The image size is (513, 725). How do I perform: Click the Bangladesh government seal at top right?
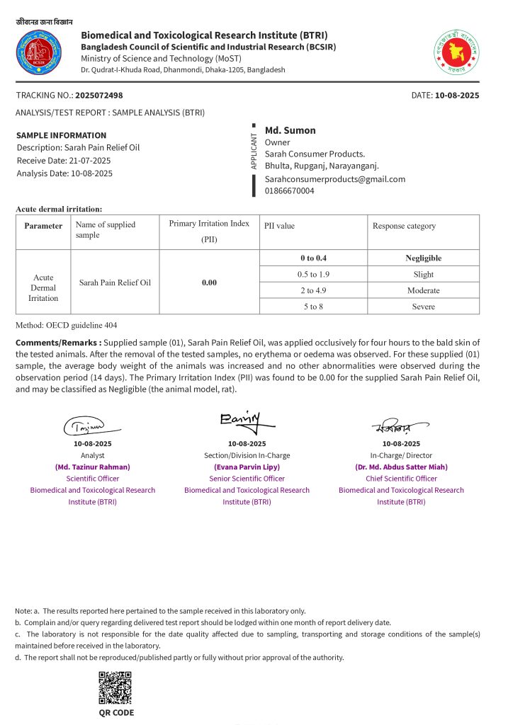pyautogui.click(x=456, y=52)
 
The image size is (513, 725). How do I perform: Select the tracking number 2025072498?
pyautogui.click(x=99, y=95)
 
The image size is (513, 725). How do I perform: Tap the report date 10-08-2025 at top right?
pyautogui.click(x=457, y=95)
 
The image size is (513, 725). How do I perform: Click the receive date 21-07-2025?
pyautogui.click(x=87, y=160)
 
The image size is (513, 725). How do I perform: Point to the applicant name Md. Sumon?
pyautogui.click(x=291, y=130)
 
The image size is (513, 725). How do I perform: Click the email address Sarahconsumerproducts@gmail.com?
pyautogui.click(x=335, y=179)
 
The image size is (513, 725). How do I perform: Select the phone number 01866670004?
pyautogui.click(x=289, y=190)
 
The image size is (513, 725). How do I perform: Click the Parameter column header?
pyautogui.click(x=43, y=226)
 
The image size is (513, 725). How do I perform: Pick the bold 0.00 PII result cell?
pyautogui.click(x=209, y=282)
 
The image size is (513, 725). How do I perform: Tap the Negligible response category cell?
pyautogui.click(x=424, y=258)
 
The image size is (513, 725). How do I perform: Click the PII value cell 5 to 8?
pyautogui.click(x=313, y=307)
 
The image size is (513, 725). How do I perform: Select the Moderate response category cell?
pyautogui.click(x=424, y=290)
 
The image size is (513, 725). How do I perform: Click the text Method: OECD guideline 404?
pyautogui.click(x=67, y=325)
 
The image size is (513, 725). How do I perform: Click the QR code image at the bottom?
pyautogui.click(x=115, y=687)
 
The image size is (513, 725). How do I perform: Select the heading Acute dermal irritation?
pyautogui.click(x=59, y=209)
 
